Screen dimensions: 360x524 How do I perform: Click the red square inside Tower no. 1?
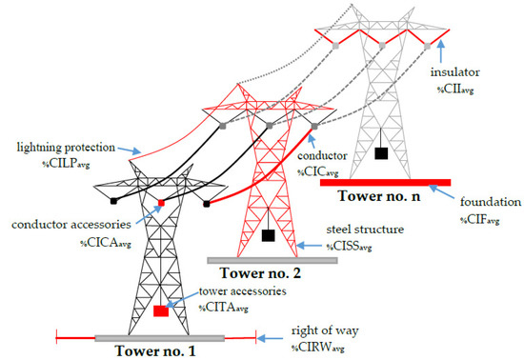(161, 310)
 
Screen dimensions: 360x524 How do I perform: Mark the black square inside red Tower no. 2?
(269, 234)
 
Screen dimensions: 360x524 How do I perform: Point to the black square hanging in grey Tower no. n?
(381, 152)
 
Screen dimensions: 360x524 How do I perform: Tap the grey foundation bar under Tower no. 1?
(159, 336)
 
